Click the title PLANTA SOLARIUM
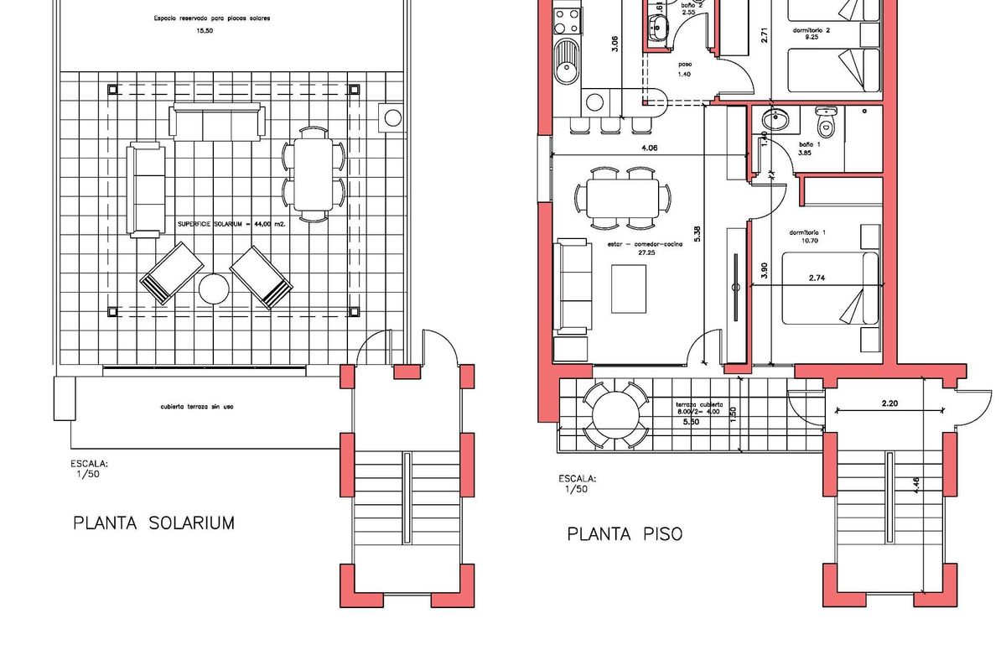(153, 523)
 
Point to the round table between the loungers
(214, 290)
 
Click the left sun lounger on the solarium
(171, 274)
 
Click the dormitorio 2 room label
(811, 30)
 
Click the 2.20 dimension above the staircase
(889, 403)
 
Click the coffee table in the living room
(629, 288)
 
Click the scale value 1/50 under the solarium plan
(86, 474)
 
